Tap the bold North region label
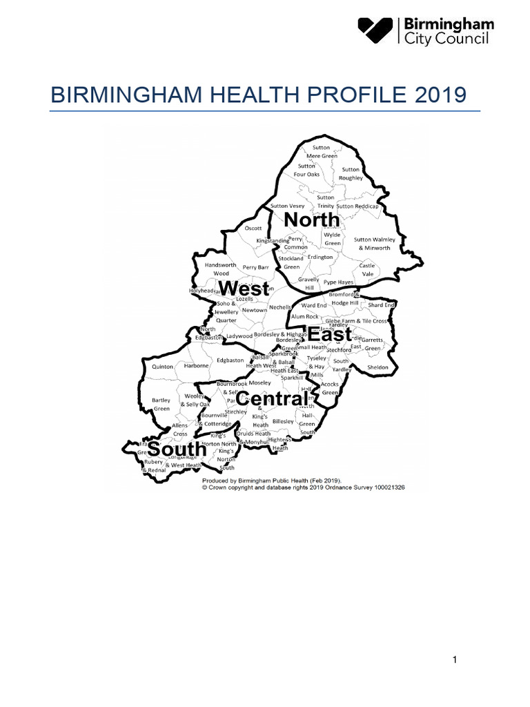[x=311, y=220]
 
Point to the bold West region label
[x=243, y=289]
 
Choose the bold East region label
[x=330, y=335]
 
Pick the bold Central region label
[x=272, y=399]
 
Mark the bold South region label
[x=177, y=449]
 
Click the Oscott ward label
[x=254, y=228]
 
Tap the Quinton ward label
[x=163, y=367]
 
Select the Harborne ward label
[x=196, y=366]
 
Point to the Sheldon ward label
[x=378, y=367]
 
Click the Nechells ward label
[x=279, y=307]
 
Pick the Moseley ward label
[x=260, y=382]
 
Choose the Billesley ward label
[x=283, y=421]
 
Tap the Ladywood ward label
[x=240, y=336]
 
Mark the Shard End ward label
[x=381, y=305]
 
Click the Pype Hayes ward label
[x=338, y=282]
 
